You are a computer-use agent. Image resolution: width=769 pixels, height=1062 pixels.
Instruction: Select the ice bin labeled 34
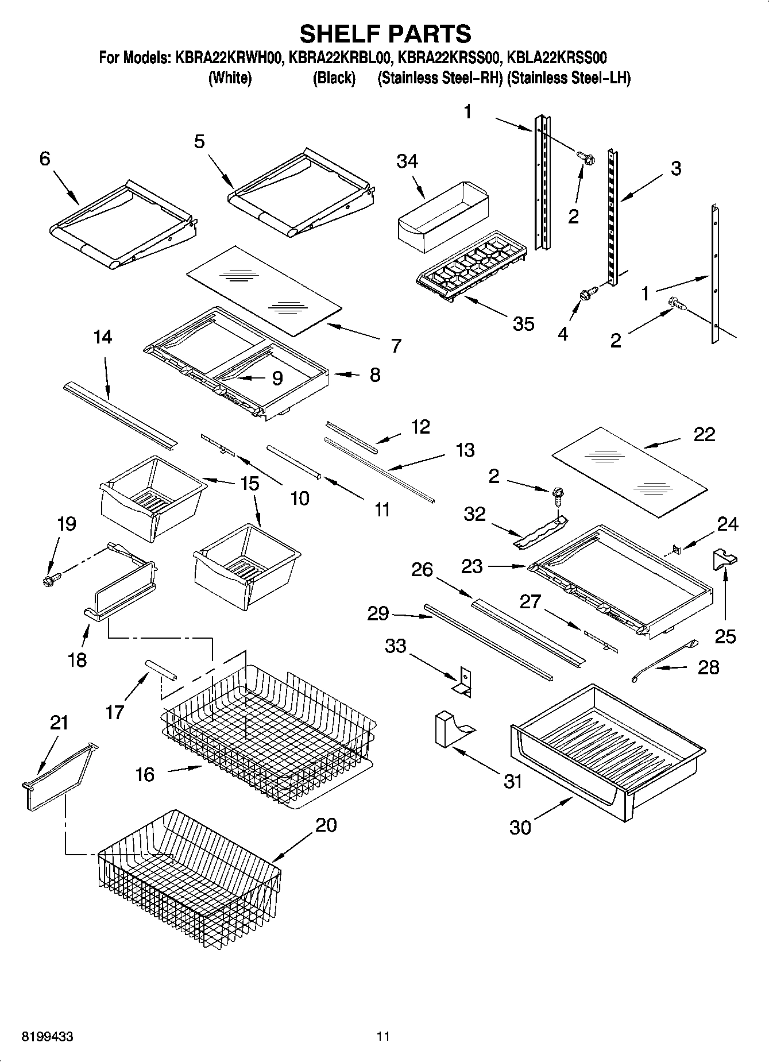click(x=443, y=215)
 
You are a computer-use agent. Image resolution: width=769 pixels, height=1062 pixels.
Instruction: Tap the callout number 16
click(x=145, y=775)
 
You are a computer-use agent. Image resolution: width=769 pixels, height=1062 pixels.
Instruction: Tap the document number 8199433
click(x=47, y=1037)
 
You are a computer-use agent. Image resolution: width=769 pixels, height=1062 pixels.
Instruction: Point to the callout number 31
click(x=512, y=782)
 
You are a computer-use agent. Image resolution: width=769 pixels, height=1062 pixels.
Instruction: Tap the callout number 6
click(x=45, y=159)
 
